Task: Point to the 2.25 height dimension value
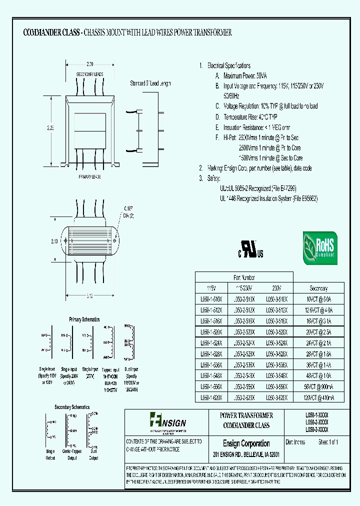click(x=50, y=127)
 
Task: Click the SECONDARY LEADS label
click(x=90, y=74)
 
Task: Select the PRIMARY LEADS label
click(x=90, y=177)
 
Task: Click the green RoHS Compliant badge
click(x=320, y=247)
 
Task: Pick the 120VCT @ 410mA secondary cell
click(x=318, y=397)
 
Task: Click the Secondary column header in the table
click(x=318, y=288)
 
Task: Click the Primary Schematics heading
click(x=84, y=319)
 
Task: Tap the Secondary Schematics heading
click(x=72, y=407)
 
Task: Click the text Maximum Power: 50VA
click(x=245, y=76)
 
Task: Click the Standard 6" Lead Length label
click(x=150, y=83)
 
